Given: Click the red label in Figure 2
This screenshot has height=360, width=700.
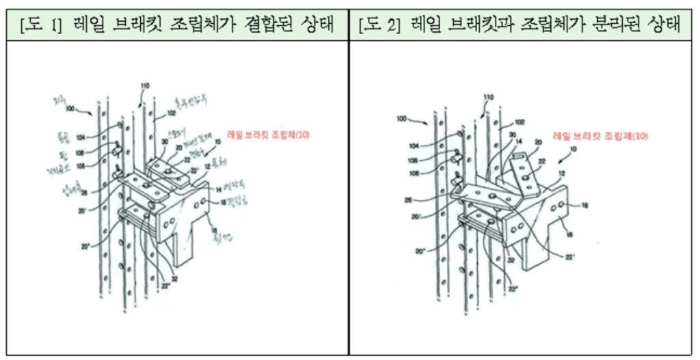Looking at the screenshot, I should click(600, 137).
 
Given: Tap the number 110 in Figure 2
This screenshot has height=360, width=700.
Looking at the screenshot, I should click(487, 98).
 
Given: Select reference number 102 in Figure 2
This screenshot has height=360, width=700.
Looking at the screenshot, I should click(520, 122).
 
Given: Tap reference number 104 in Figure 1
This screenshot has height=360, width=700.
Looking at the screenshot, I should click(82, 137).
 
